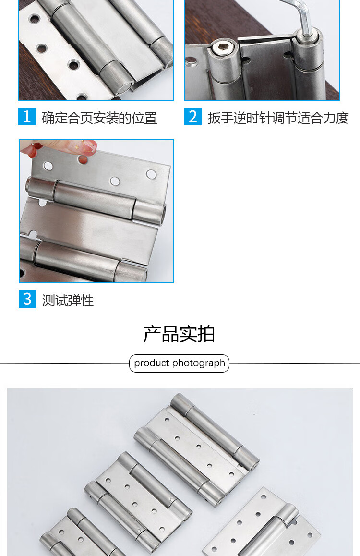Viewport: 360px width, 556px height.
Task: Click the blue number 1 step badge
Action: [27, 117]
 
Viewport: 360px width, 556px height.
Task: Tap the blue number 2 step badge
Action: [193, 117]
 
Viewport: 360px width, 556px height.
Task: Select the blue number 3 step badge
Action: [27, 299]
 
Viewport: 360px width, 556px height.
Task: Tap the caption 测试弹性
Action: [68, 301]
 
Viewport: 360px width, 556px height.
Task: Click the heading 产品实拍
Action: [180, 334]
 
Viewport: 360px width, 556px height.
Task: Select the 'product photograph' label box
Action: [180, 363]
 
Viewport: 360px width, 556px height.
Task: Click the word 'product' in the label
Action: [152, 363]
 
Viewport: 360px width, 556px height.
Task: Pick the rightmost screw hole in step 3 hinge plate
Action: [151, 174]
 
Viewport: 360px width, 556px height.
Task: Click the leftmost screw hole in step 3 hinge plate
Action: [48, 166]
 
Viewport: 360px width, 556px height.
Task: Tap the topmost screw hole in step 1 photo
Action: [35, 18]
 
